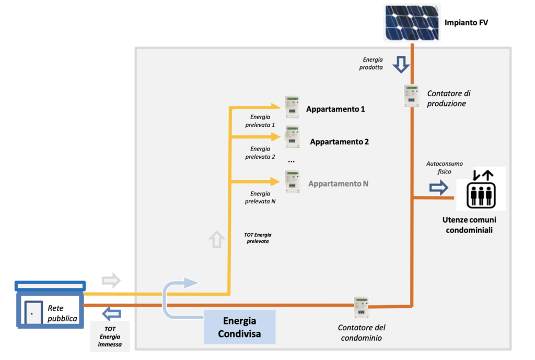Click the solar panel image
tap(412, 23)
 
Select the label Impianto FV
tap(466, 23)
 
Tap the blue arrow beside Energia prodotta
tap(401, 64)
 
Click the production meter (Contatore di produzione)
tap(412, 96)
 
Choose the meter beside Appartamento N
tap(292, 181)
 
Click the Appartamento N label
tap(339, 184)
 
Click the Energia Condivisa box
tap(239, 327)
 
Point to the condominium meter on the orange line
tap(361, 307)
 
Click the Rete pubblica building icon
tap(50, 306)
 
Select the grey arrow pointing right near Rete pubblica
tap(111, 281)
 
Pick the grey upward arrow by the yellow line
tap(216, 239)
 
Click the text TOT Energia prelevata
tap(258, 238)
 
